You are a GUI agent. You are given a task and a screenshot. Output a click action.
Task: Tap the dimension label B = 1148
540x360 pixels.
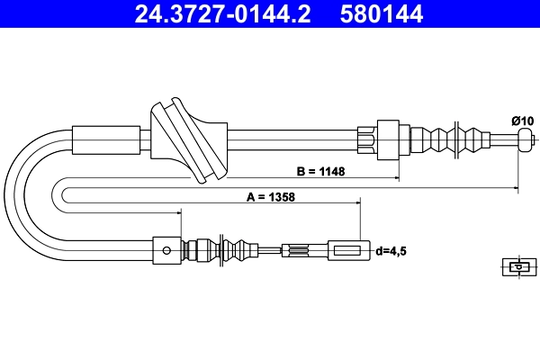[x=321, y=170]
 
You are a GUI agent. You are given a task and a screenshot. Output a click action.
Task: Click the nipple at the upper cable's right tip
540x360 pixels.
[x=526, y=139]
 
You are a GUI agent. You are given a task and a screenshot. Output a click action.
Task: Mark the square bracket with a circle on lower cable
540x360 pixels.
[x=166, y=249]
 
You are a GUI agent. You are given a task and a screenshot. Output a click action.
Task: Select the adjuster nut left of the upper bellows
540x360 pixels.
[x=388, y=139]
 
